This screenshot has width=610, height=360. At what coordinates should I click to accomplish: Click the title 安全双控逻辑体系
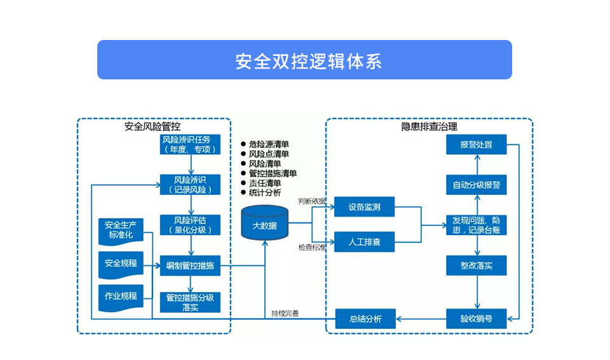coord(304,60)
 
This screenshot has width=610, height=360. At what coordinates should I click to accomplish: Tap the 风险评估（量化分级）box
coord(191,225)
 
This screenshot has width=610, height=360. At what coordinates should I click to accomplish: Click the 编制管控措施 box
coord(191,267)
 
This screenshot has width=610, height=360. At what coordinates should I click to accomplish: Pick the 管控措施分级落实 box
coord(191,302)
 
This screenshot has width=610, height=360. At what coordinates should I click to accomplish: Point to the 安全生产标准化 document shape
coord(121,230)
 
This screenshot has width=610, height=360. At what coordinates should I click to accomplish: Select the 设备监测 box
coord(365,207)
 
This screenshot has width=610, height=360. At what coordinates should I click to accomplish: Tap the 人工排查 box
coord(365,242)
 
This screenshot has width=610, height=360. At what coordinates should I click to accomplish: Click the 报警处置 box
coord(476,145)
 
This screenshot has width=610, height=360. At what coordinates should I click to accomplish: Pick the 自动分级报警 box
coord(476,185)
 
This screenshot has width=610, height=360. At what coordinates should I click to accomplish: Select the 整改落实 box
coord(476,265)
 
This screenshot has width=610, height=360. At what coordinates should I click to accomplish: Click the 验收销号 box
coord(476,318)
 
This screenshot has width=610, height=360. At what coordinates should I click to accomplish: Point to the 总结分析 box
coord(365,318)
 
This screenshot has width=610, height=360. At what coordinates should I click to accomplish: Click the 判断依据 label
coord(311,202)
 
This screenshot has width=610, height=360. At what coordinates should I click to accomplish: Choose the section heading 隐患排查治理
coord(429,126)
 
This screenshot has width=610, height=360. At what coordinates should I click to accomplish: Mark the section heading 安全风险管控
coord(152,126)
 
